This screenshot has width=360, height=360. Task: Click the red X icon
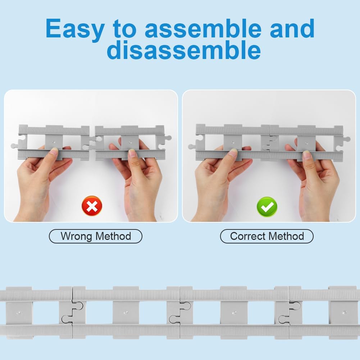[x=92, y=206]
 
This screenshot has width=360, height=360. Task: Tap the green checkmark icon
[x=267, y=207]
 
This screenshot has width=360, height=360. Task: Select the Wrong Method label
[x=96, y=236]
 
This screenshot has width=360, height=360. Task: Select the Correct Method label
[x=267, y=236]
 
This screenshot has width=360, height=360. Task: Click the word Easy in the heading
[x=75, y=29]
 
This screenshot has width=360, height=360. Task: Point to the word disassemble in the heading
[x=184, y=50]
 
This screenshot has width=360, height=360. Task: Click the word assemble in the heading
[x=203, y=28]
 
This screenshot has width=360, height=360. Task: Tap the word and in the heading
[x=292, y=28]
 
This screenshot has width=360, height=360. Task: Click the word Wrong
[x=76, y=236]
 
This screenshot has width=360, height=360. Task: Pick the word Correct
[x=247, y=236]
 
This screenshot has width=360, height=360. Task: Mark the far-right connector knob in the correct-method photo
[x=347, y=139]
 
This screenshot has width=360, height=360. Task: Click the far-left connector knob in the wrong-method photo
[x=15, y=146]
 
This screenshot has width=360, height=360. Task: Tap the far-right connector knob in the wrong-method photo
[x=168, y=138]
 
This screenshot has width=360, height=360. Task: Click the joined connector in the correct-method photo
[x=270, y=143]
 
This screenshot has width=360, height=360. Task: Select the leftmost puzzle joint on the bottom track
[x=72, y=312]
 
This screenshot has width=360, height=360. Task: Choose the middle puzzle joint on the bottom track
[x=180, y=312]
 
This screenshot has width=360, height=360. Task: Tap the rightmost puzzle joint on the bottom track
[x=289, y=312]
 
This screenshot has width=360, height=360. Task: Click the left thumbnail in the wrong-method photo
[x=54, y=150]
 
